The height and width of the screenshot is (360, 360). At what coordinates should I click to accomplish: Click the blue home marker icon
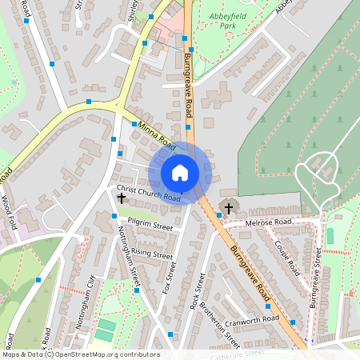click(x=180, y=172)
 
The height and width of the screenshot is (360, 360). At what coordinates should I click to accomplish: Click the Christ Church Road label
click(x=149, y=192)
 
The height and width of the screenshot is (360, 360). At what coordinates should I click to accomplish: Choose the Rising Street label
click(x=152, y=254)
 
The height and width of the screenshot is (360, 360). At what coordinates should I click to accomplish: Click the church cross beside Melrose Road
click(x=228, y=209)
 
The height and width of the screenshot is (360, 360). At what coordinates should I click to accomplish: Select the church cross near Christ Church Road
click(x=122, y=197)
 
